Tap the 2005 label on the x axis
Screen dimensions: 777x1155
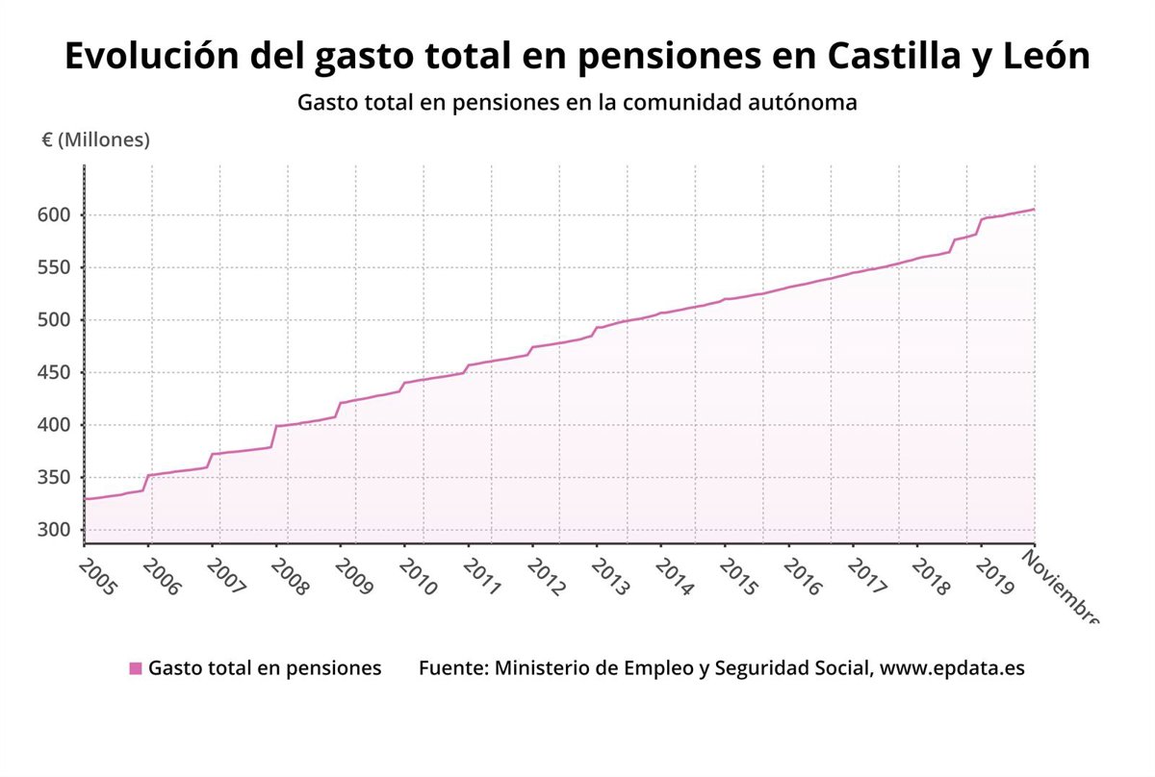coord(97,575)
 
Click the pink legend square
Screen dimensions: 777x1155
coord(136,668)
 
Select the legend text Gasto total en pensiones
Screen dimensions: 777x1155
coord(265,668)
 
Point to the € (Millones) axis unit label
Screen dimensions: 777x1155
coord(95,140)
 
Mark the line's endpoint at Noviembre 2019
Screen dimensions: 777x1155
coord(1034,209)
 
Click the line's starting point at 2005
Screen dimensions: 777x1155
coord(85,499)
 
